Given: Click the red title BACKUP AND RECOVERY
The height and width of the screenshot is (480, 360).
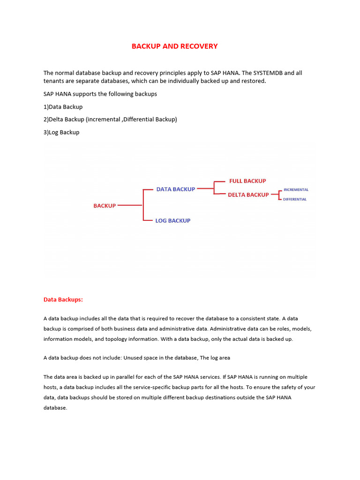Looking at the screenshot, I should (174, 46).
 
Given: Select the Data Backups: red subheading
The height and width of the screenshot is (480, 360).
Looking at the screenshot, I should (63, 299).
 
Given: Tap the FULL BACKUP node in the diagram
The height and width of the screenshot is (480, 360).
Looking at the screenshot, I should (247, 181).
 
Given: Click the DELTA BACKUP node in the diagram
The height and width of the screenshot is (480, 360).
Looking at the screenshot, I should (248, 195).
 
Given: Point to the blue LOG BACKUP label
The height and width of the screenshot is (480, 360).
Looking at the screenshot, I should (172, 221).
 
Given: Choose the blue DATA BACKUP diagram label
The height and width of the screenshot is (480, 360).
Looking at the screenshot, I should (175, 189).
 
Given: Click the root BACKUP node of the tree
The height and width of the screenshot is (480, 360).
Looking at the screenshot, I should (105, 206).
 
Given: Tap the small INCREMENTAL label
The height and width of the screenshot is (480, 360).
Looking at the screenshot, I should (296, 190).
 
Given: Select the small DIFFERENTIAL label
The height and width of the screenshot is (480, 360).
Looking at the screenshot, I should (295, 200).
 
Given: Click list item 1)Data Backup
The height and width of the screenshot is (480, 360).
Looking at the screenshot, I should (63, 107).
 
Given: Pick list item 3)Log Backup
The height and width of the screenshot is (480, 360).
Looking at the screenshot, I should (61, 132).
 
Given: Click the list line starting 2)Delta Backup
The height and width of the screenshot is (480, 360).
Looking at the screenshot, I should (110, 120).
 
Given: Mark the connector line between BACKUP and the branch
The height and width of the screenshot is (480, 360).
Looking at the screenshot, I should (129, 205).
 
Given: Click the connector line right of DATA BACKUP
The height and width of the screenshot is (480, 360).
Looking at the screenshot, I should (205, 189).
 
